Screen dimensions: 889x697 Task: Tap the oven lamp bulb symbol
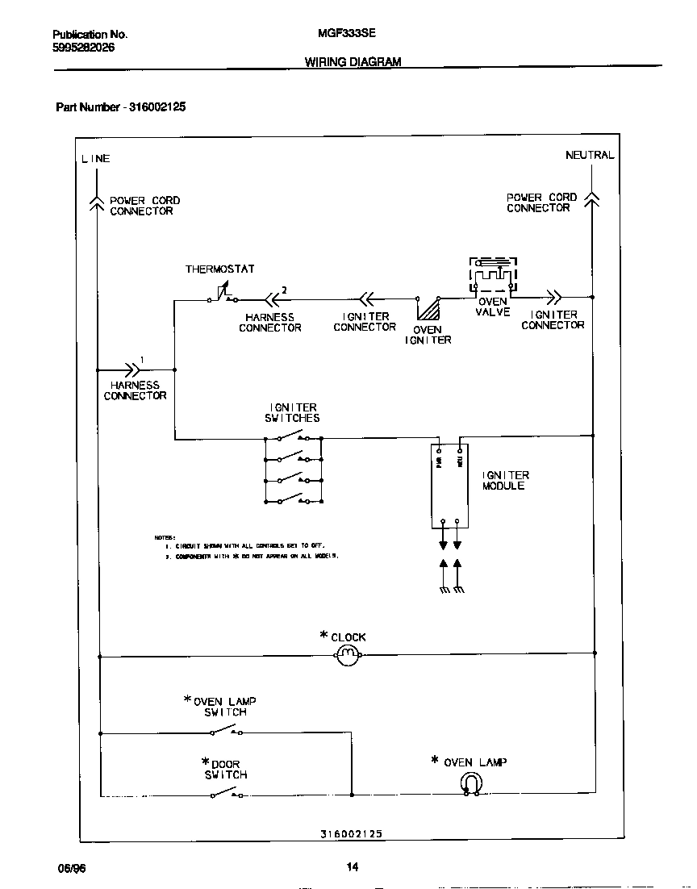(470, 783)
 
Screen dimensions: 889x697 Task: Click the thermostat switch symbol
(221, 295)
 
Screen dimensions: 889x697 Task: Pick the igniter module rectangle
(449, 484)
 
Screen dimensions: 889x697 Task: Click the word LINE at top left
(95, 159)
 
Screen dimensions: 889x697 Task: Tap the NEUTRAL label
(590, 155)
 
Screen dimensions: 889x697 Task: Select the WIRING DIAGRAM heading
(353, 62)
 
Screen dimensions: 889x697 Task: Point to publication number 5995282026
(84, 48)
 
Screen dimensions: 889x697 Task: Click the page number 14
(353, 867)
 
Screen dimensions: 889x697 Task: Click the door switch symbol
(226, 794)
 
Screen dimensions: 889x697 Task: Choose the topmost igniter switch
(292, 437)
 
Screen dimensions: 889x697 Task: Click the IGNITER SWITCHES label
(292, 413)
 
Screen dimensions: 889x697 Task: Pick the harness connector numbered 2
(272, 298)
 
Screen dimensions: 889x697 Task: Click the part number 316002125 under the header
(157, 106)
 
